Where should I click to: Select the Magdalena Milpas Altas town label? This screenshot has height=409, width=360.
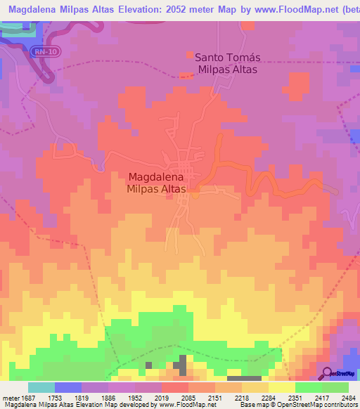tap(156, 183)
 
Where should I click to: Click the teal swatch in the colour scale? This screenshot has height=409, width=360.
tap(41, 387)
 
